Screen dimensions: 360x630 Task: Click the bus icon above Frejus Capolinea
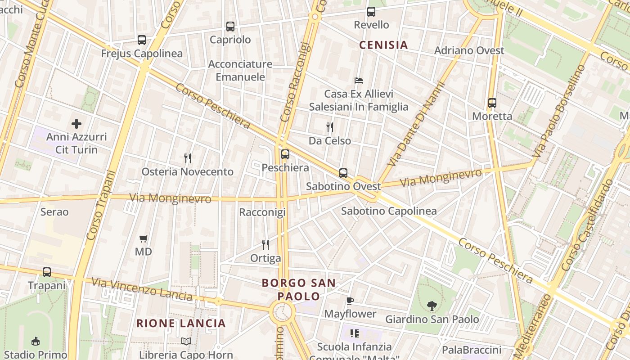tap(142, 40)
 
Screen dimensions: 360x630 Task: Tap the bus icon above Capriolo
tap(230, 27)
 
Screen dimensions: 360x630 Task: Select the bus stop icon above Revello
tap(371, 12)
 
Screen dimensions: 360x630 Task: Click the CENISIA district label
tap(383, 45)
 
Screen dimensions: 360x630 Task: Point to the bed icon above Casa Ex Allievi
tap(359, 81)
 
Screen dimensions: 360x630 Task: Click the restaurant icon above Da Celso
tap(330, 127)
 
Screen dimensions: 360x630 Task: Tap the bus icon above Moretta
tap(492, 103)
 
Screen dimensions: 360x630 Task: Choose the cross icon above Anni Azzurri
tap(76, 123)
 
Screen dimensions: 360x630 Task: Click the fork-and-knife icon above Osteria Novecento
tap(188, 158)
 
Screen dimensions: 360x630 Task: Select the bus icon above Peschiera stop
tap(285, 154)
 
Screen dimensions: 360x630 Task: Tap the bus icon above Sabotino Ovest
tap(343, 173)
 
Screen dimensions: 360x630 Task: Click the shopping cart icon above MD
tap(144, 238)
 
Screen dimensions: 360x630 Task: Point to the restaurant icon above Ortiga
tap(265, 245)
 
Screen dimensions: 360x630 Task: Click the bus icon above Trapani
tap(47, 272)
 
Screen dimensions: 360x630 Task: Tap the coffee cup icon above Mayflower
tap(350, 301)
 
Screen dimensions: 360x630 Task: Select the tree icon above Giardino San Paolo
tap(432, 306)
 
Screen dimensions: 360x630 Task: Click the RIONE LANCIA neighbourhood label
tap(181, 323)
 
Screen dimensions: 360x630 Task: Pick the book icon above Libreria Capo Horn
tap(186, 342)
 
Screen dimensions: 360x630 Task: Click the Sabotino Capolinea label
tap(389, 211)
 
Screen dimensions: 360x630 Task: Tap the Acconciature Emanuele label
tap(240, 70)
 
